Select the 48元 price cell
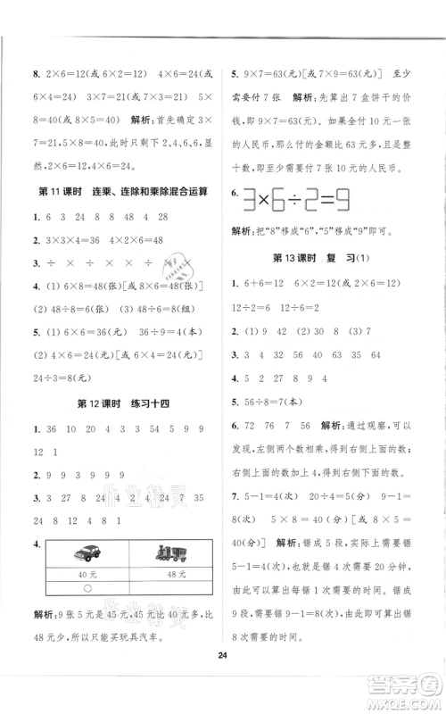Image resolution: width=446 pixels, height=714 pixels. click(x=167, y=573)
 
